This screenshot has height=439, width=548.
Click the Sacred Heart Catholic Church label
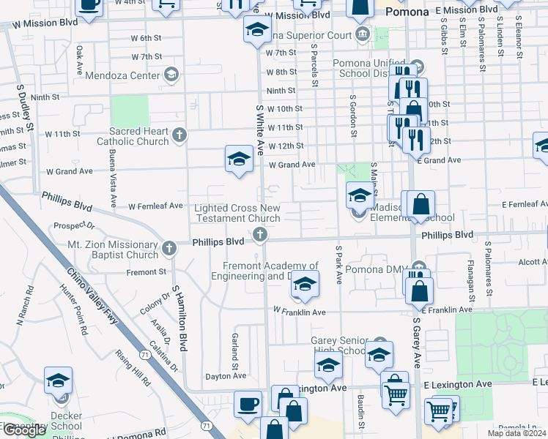point(139,136)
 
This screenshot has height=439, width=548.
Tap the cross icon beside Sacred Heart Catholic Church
point(178,135)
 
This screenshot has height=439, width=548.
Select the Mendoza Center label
point(122,75)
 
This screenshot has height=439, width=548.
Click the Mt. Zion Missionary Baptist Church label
point(113,249)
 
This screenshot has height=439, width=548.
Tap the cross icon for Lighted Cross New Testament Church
point(259,235)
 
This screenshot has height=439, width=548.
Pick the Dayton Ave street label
point(226,376)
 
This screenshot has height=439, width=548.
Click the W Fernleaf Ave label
point(155,206)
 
